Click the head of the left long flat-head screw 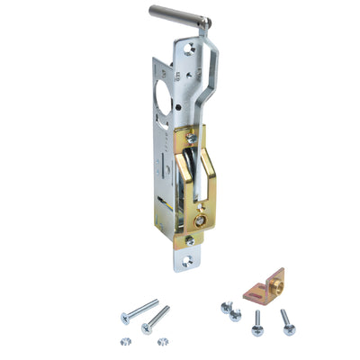pos(126,317)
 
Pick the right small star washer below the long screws pos(163,341)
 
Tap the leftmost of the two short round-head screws pos(224,308)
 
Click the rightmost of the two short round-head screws pos(235,315)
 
